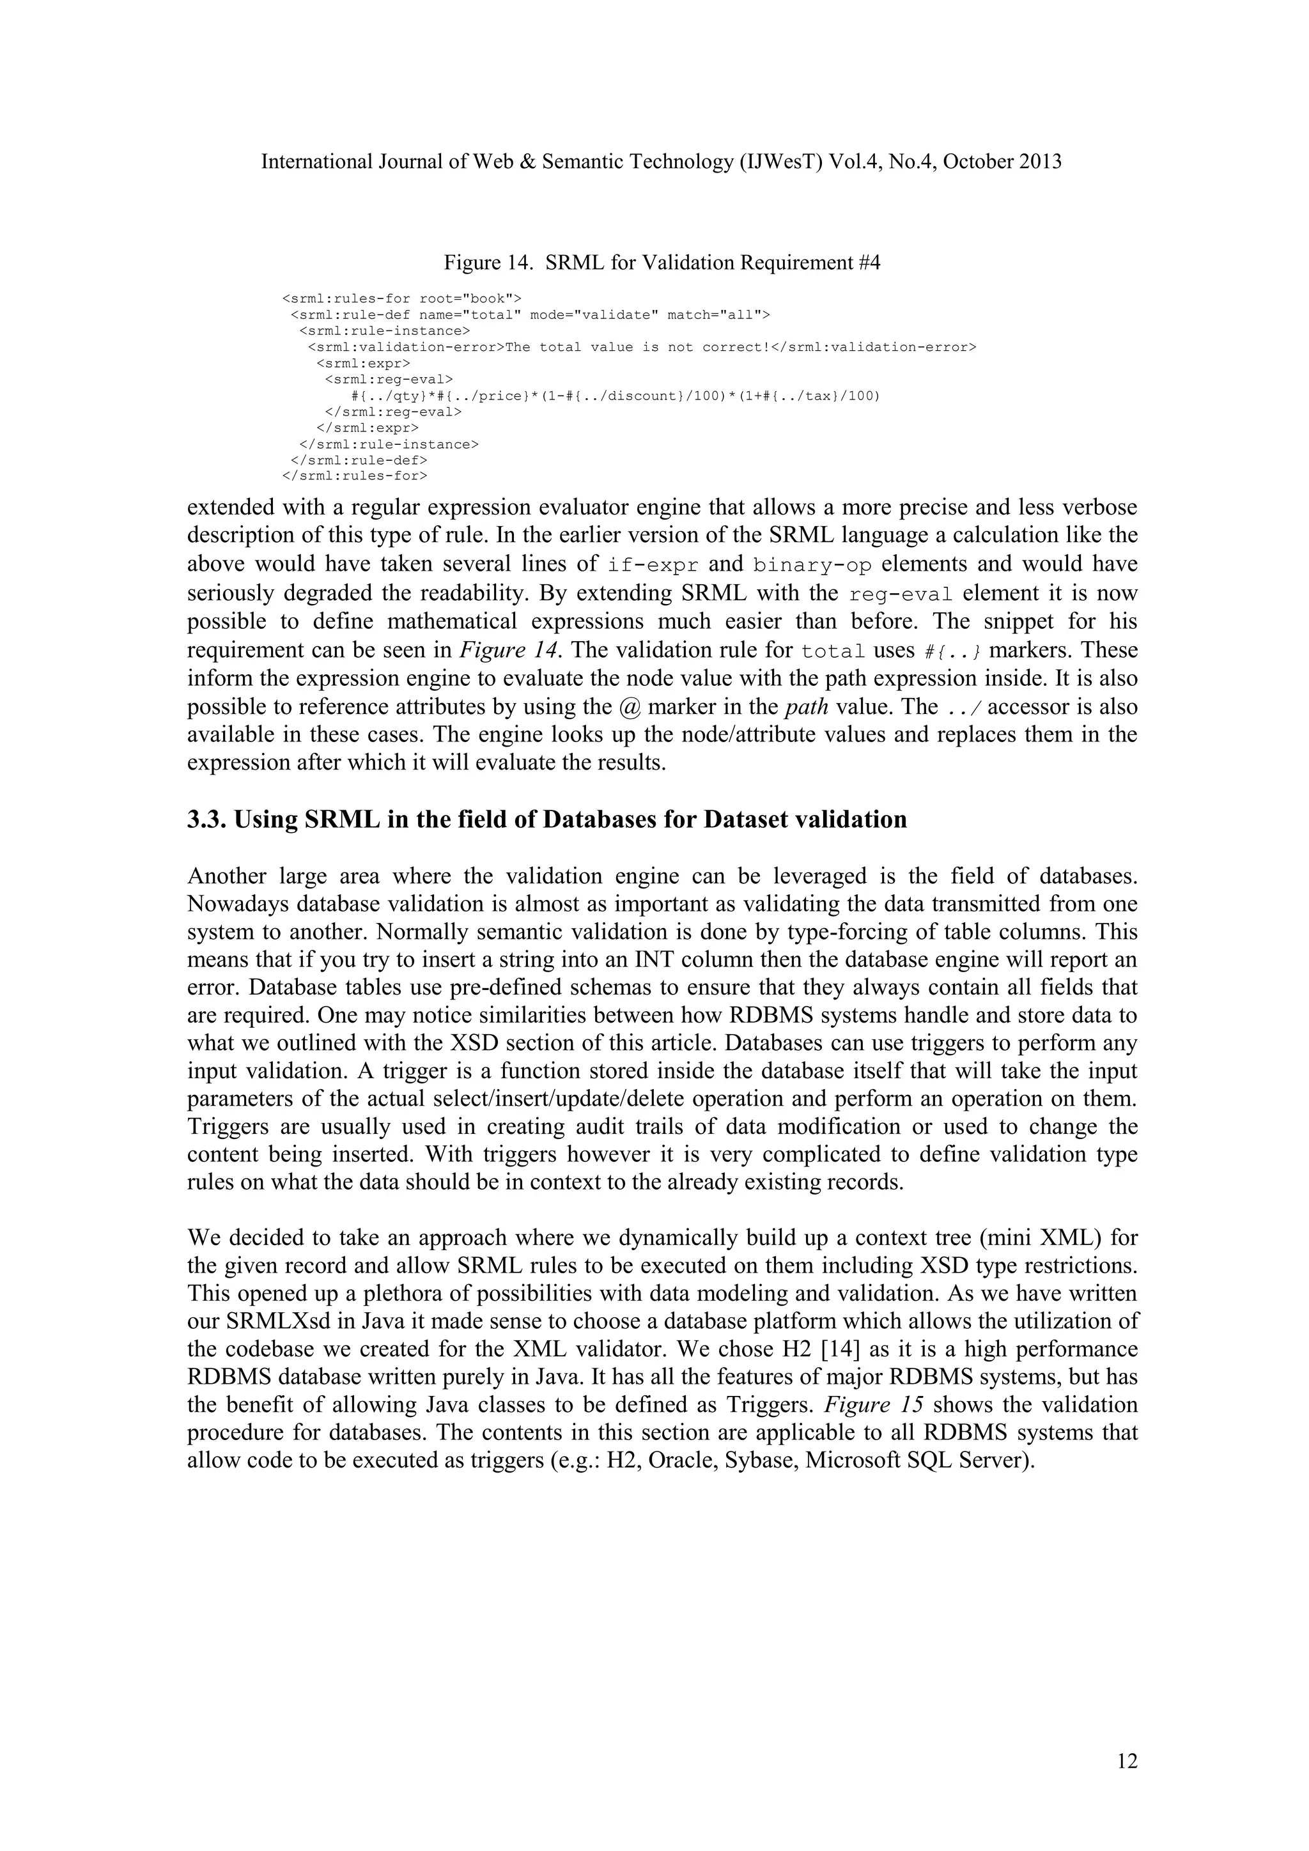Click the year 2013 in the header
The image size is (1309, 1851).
click(x=1040, y=162)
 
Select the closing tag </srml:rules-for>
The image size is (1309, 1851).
click(x=355, y=476)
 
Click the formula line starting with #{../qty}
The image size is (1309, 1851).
click(x=616, y=396)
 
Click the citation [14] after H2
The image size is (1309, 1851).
click(x=828, y=1349)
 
